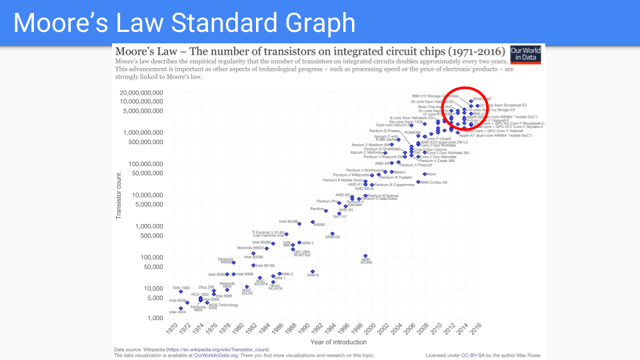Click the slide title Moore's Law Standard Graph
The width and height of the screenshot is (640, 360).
coord(184,23)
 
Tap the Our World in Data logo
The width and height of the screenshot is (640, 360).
coord(525,55)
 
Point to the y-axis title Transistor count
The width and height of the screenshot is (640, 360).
coord(119,196)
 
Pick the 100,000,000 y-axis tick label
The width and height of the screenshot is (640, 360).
coord(142,163)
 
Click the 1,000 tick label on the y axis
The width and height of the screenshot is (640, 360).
coord(155,318)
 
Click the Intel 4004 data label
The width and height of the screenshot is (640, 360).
coord(177,312)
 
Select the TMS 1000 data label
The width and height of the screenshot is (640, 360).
coord(181,288)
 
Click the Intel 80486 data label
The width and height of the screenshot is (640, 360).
coord(289,221)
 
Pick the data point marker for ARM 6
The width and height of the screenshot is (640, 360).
coord(312,272)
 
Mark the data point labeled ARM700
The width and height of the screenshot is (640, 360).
coord(332,233)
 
